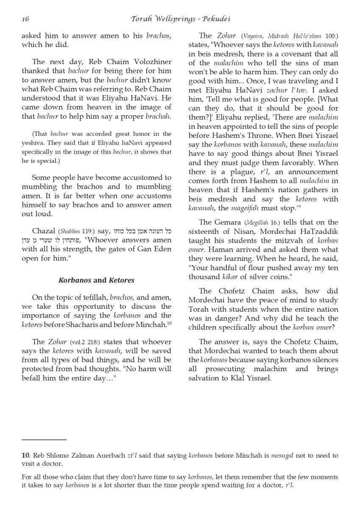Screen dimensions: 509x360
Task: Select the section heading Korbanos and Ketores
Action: click(96, 280)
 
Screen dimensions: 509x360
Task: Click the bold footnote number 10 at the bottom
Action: click(25, 456)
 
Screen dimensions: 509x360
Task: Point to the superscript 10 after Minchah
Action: click(168, 323)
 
